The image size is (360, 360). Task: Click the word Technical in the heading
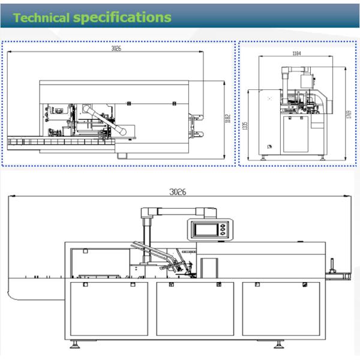(x=41, y=17)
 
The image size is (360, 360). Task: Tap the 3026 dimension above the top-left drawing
(x=116, y=49)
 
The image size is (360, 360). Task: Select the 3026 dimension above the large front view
(x=177, y=192)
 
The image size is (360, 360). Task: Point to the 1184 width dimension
(x=296, y=53)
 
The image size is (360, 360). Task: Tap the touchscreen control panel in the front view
(x=209, y=229)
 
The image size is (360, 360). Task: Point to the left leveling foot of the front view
(x=76, y=346)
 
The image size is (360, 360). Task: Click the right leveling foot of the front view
(x=279, y=346)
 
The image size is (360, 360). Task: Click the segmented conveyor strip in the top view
(x=60, y=142)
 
